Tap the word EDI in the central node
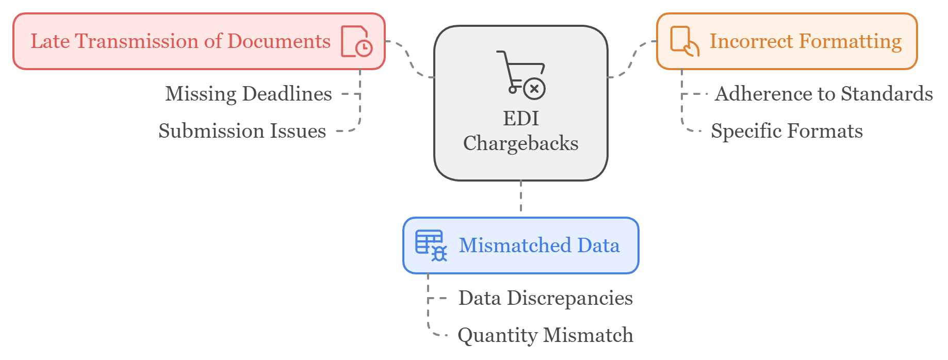[521, 119]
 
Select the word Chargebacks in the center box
[521, 143]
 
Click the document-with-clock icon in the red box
[356, 41]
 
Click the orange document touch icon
[684, 41]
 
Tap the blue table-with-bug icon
[431, 246]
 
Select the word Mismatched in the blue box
[514, 246]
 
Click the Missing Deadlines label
[248, 94]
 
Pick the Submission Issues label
[242, 131]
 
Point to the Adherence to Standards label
[823, 94]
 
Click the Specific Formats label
[787, 131]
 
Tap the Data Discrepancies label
[545, 298]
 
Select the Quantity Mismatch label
[545, 335]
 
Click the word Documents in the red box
[279, 41]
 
